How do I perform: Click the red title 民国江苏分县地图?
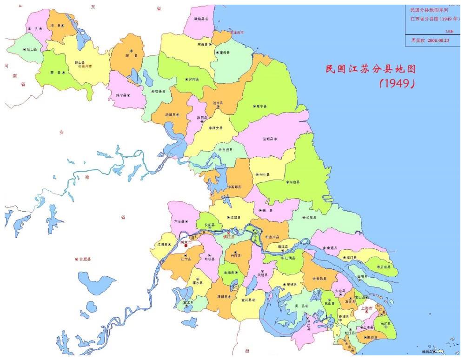pos(370,69)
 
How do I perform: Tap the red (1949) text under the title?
pos(397,84)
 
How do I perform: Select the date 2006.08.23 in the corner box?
pos(438,40)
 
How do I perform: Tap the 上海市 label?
pos(367,308)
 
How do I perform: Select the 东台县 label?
pos(293,182)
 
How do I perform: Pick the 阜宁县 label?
pos(262,107)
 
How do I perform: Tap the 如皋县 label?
pos(310,217)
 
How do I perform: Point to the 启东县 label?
pos(385,267)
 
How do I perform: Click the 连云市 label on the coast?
pos(238,33)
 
